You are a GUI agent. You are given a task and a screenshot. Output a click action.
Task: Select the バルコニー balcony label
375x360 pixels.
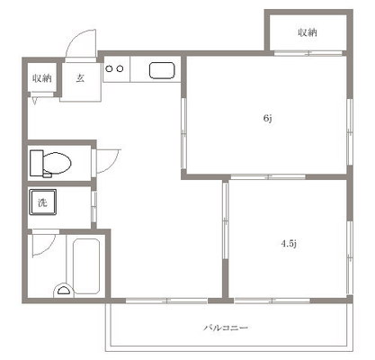coord(226,328)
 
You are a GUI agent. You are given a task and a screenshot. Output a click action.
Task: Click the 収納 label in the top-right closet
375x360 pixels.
coord(308,33)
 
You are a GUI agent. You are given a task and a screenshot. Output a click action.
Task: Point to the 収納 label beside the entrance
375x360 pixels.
coord(42,78)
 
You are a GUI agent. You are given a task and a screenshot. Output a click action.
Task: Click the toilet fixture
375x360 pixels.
coord(52,164)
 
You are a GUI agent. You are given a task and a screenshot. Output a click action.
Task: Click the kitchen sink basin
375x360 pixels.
coord(162,70)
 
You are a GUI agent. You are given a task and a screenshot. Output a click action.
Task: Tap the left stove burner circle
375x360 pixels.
coord(109,67)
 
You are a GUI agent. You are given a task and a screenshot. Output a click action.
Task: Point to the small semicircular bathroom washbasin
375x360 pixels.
coord(64,290)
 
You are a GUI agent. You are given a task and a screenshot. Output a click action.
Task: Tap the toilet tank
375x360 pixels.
coord(35,164)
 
